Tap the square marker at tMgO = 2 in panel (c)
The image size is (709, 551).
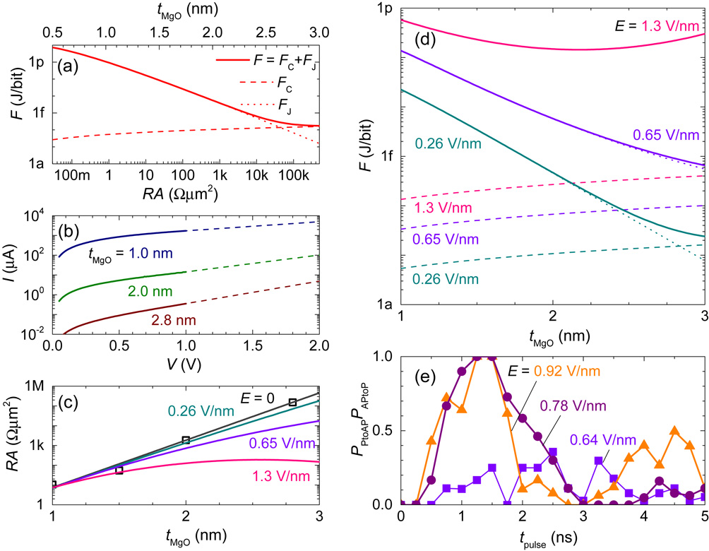pyautogui.click(x=186, y=439)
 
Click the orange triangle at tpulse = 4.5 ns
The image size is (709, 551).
pyautogui.click(x=674, y=431)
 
